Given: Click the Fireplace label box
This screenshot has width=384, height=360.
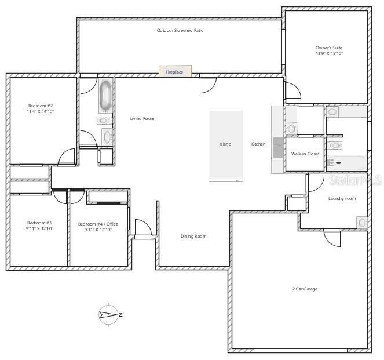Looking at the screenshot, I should pyautogui.click(x=175, y=72).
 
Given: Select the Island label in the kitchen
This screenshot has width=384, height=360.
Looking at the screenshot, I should pyautogui.click(x=225, y=144).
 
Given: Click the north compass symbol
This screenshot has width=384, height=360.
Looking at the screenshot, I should pyautogui.click(x=109, y=315).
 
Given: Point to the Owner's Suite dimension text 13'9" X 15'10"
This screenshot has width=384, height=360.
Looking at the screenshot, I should pyautogui.click(x=329, y=53).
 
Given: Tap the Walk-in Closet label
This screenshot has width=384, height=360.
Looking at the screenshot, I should pyautogui.click(x=305, y=154).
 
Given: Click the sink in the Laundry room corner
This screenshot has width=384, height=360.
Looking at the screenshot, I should pyautogui.click(x=363, y=222).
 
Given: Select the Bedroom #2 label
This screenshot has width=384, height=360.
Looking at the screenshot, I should pyautogui.click(x=41, y=106).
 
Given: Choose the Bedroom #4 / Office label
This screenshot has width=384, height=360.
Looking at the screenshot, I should pyautogui.click(x=98, y=224).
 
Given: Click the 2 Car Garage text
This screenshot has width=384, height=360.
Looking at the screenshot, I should pyautogui.click(x=305, y=289).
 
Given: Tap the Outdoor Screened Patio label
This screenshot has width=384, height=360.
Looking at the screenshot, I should pyautogui.click(x=180, y=30).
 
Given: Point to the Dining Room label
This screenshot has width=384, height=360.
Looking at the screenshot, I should pyautogui.click(x=193, y=236).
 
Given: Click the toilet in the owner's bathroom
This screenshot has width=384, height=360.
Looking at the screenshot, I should pyautogui.click(x=334, y=145).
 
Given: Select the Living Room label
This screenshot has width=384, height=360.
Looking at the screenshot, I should pyautogui.click(x=142, y=118).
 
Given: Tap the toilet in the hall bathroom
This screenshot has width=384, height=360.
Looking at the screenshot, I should pyautogui.click(x=104, y=121).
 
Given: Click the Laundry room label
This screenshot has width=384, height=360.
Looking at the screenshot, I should pyautogui.click(x=342, y=198).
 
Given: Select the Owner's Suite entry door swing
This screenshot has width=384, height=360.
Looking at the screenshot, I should pyautogui.click(x=292, y=90).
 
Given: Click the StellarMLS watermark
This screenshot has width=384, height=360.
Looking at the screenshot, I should pyautogui.click(x=356, y=181).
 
